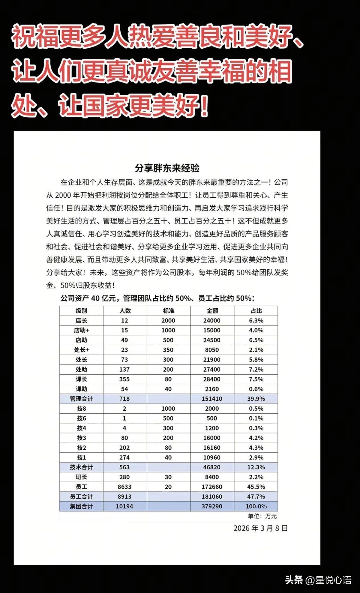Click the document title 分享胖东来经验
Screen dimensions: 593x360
click(167, 168)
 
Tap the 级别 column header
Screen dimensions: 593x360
click(81, 311)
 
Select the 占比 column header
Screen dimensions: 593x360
click(256, 311)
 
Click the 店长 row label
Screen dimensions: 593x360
click(81, 320)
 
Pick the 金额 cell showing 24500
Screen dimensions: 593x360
click(212, 340)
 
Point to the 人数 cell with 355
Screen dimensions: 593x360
click(124, 379)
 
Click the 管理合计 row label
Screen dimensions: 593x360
click(81, 399)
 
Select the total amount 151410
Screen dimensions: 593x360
click(212, 399)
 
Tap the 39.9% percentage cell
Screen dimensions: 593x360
click(256, 399)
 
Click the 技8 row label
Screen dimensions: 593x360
click(81, 409)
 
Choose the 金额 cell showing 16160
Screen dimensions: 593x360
click(212, 448)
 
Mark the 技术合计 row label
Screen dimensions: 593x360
click(81, 467)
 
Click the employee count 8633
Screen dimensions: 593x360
click(124, 487)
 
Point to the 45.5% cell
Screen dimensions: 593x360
click(256, 487)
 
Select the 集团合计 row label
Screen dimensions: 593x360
click(81, 506)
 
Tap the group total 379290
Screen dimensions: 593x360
click(212, 506)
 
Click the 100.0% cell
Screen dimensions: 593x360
click(256, 506)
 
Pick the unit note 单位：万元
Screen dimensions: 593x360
click(262, 516)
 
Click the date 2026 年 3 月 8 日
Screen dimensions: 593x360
click(260, 528)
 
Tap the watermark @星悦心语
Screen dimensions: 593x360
click(328, 580)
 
